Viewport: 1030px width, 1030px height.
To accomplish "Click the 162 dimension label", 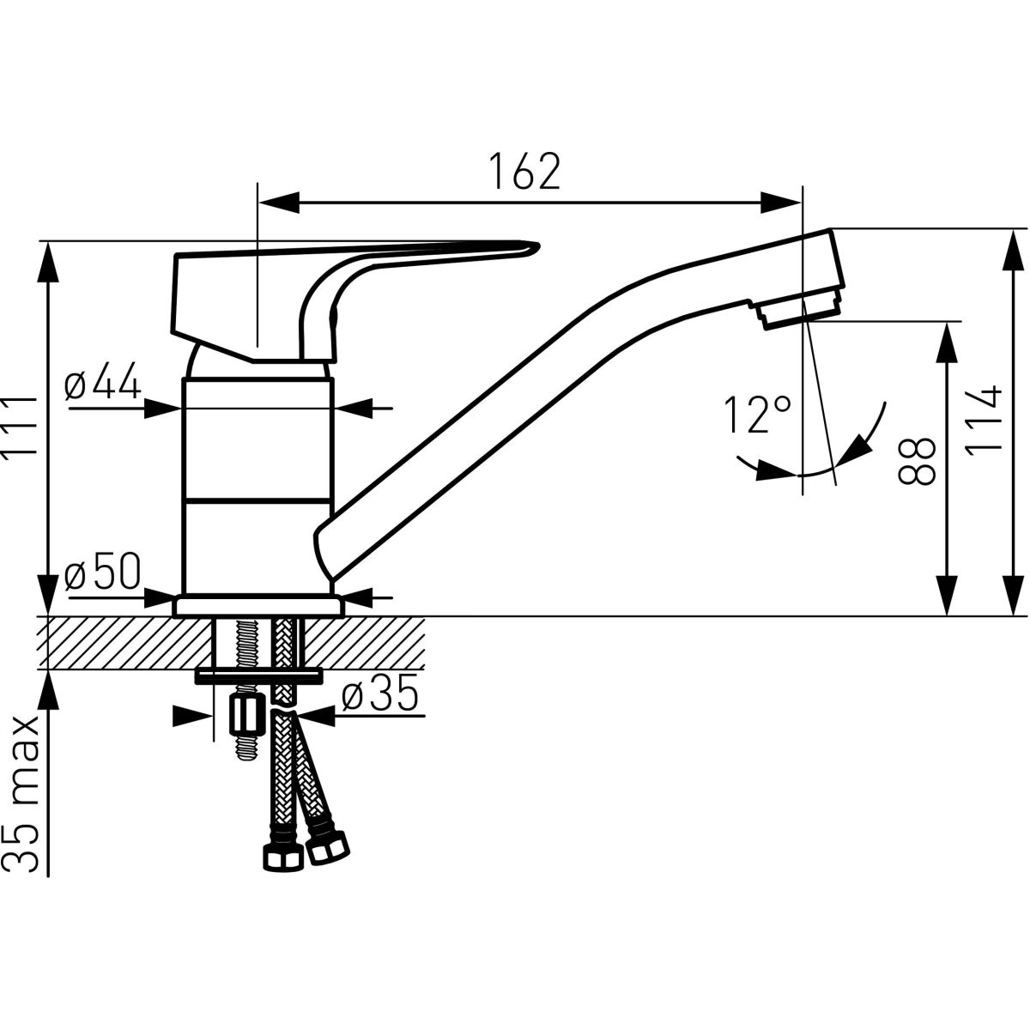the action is pos(524,171).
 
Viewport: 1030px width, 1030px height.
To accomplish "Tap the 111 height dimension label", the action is pos(21,427).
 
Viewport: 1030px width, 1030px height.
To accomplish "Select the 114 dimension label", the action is pos(984,420).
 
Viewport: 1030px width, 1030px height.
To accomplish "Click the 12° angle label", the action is pos(757,415).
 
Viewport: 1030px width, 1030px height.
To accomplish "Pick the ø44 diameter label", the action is pos(103,380).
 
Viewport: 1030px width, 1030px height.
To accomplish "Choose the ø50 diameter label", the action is pos(103,571).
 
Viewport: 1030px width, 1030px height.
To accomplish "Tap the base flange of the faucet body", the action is pos(258,606).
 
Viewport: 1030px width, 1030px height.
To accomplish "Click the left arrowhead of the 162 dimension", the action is pos(278,203).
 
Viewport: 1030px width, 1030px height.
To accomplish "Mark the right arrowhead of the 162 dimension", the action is pos(781,203).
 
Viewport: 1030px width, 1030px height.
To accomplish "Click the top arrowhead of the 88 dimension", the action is pos(947,342).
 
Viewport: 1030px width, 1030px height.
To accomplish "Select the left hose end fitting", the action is pos(281,858).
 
